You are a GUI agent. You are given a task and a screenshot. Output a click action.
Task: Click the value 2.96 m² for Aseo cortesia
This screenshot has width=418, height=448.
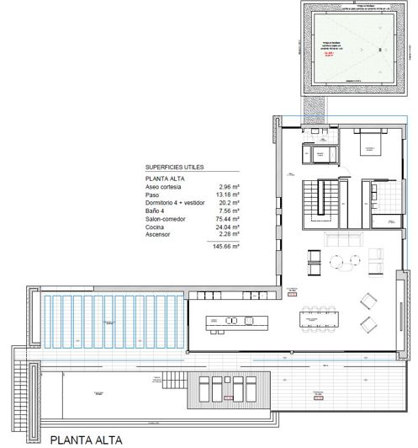(x=230, y=188)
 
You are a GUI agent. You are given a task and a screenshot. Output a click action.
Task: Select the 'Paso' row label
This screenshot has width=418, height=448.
(x=152, y=196)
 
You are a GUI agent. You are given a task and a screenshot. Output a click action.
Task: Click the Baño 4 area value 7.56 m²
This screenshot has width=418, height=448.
(x=230, y=211)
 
